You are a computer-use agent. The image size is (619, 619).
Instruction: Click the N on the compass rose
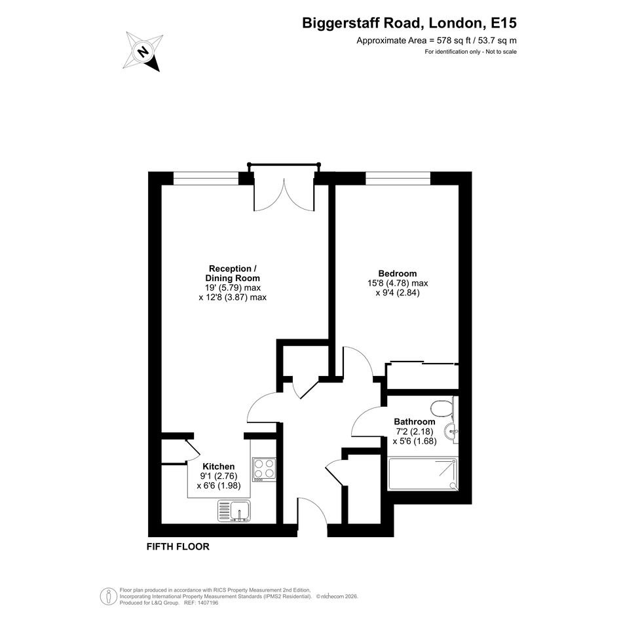coord(143,51)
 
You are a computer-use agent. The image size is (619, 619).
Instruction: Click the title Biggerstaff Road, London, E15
coord(409,23)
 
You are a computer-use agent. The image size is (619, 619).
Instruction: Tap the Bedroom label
coord(398,273)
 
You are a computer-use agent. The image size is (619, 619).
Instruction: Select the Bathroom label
coord(415,422)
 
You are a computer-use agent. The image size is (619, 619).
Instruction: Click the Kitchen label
coord(219,466)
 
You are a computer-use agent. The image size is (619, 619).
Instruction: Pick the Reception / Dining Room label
coord(233,273)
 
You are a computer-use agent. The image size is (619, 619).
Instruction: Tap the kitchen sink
coord(234,511)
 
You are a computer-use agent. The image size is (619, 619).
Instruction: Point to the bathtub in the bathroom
coord(422,474)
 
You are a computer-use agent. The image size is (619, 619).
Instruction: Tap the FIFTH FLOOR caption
coord(178,547)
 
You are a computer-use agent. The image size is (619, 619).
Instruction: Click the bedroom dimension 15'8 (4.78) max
coord(398,283)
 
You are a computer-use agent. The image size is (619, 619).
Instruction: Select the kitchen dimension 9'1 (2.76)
coord(219,476)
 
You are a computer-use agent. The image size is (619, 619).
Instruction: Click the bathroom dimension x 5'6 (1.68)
coord(415,441)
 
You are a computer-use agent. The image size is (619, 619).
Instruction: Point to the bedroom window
coord(398,178)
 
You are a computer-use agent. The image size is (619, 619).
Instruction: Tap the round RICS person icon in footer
coord(108,596)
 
